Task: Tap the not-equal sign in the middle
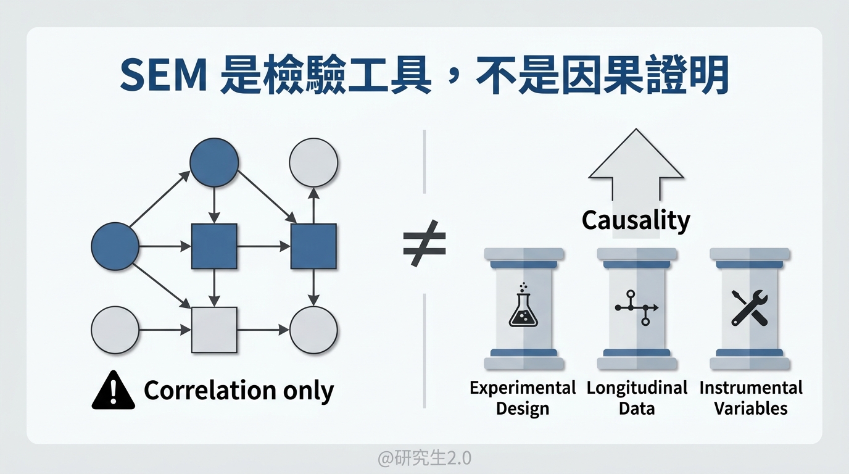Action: (424, 243)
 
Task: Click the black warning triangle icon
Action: (113, 391)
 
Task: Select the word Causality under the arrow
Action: (636, 220)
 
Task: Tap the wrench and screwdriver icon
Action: (749, 307)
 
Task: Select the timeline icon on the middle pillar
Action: (637, 307)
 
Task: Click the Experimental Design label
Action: (523, 398)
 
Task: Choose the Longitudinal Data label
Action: (637, 398)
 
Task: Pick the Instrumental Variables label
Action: (750, 398)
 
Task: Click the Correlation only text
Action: (239, 391)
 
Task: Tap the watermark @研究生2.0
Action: (424, 459)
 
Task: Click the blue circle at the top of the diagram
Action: (214, 162)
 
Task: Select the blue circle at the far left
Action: (115, 246)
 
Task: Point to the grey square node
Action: (214, 330)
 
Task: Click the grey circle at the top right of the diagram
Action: (313, 162)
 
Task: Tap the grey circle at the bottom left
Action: (115, 330)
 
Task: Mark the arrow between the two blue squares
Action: (263, 246)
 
